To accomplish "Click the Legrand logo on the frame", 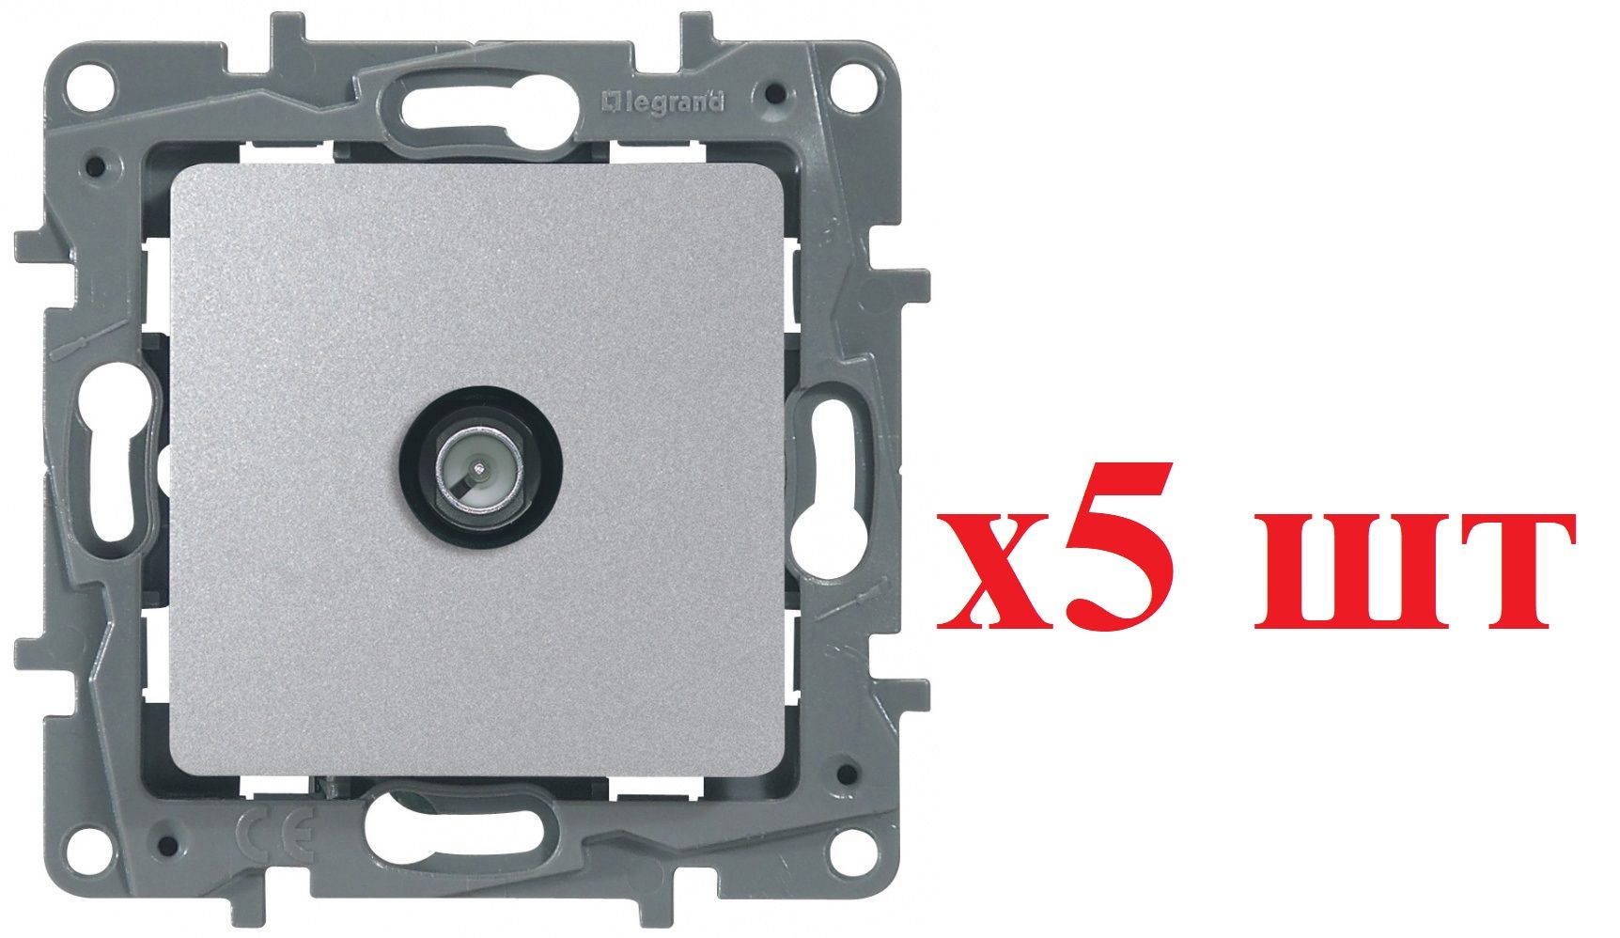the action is [663, 101].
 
